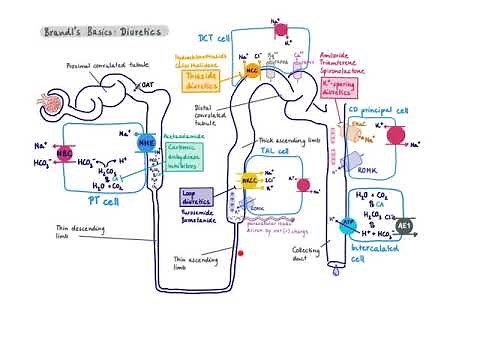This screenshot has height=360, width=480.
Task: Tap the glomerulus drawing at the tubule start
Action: click(x=48, y=102)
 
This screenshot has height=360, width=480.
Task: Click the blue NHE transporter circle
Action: click(x=145, y=143)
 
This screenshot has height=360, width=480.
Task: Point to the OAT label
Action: click(x=146, y=86)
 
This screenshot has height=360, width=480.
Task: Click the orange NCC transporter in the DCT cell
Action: click(x=254, y=71)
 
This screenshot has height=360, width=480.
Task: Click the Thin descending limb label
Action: click(x=76, y=232)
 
